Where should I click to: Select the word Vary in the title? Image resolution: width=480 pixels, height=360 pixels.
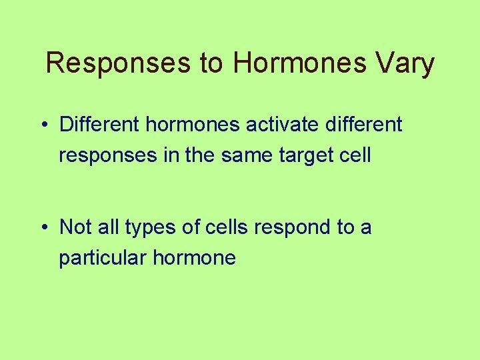coord(408,63)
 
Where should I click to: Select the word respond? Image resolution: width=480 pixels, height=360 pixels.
coord(294,229)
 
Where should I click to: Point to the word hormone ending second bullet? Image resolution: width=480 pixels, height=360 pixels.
coord(194,258)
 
